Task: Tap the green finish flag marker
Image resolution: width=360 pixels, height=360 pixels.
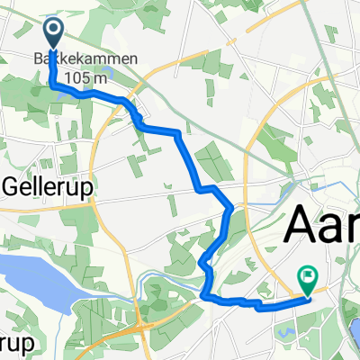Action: (308, 280)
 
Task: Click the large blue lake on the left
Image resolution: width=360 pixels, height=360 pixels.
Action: (36, 278)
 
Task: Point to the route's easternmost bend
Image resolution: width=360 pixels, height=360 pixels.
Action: (232, 209)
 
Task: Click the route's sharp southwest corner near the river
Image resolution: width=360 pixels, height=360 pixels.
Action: (204, 295)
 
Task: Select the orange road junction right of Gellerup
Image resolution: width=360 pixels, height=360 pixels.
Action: (93, 202)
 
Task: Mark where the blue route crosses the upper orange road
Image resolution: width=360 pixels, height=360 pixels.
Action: (135, 111)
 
